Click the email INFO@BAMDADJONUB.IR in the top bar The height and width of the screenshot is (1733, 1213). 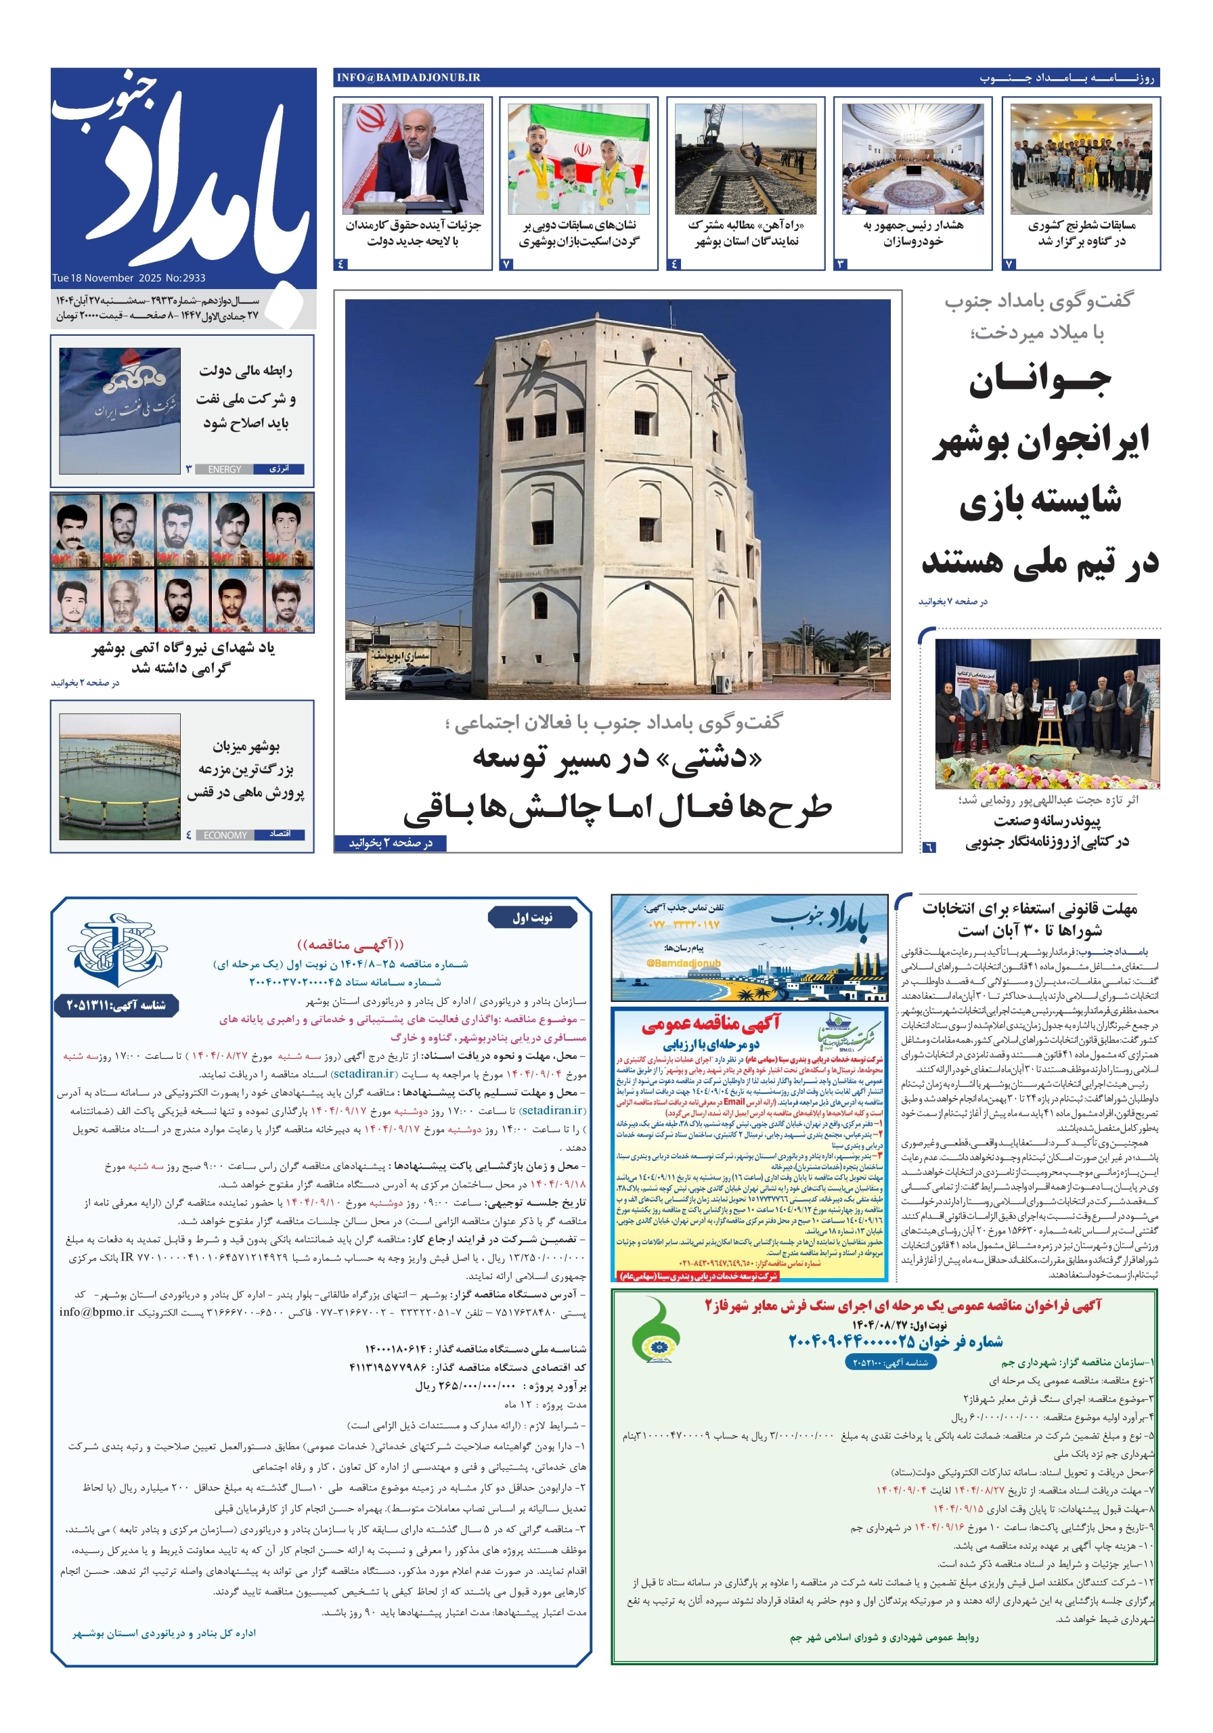[408, 77]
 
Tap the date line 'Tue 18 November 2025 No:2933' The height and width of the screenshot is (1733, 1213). [129, 278]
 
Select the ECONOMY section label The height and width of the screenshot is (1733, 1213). [225, 835]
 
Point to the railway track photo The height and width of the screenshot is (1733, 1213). [745, 159]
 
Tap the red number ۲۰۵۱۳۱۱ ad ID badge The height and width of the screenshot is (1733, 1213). [116, 1005]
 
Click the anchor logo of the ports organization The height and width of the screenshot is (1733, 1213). [116, 949]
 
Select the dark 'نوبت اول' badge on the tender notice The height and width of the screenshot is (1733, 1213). [533, 917]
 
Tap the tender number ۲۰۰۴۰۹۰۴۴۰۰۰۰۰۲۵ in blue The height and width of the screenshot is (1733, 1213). [896, 1341]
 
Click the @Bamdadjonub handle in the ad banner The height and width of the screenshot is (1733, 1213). [683, 963]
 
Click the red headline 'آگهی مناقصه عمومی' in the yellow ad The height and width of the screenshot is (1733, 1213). [710, 1023]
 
